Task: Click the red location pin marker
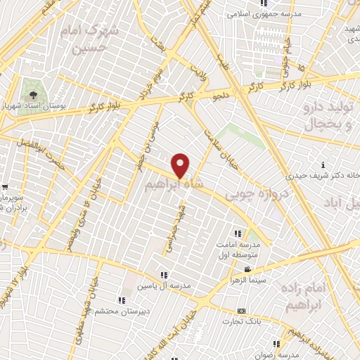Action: point(181,165)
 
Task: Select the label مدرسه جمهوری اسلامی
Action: point(263,14)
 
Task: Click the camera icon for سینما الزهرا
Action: point(247,270)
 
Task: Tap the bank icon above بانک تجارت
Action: point(242,311)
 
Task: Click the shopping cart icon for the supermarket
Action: point(6,188)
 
